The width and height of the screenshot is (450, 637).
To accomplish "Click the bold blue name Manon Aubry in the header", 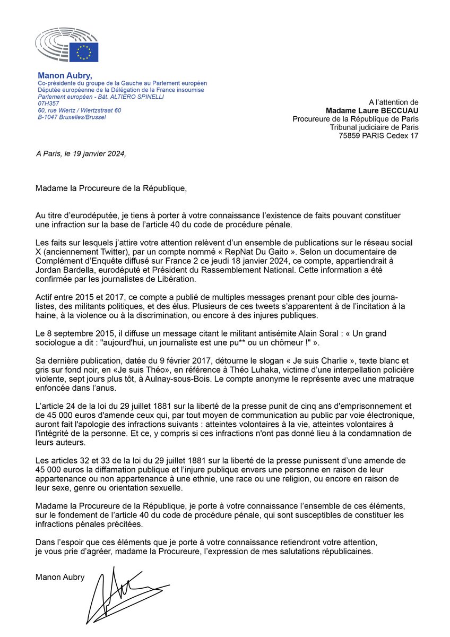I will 65,75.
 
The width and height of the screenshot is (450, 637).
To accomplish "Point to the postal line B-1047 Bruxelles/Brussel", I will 72,117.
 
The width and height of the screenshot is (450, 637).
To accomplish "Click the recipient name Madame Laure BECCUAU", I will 376,110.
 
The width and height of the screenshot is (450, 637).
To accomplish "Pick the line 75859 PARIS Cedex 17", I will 378,136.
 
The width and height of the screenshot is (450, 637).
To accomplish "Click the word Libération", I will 176,281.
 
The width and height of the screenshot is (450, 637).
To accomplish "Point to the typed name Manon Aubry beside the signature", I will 60,577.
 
